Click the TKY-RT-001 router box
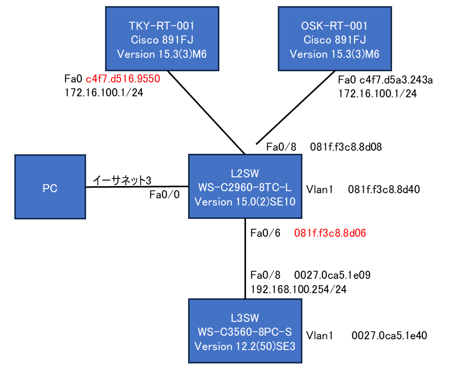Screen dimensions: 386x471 tap(162, 38)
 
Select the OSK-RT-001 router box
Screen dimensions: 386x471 tap(335, 38)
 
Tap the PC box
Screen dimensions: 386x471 tap(50, 187)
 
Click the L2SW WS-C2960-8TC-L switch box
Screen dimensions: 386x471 tap(244, 187)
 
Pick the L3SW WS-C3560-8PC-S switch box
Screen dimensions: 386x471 tap(244, 332)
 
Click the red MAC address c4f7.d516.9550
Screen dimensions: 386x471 tap(123, 79)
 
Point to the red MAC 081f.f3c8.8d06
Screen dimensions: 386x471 tap(330, 234)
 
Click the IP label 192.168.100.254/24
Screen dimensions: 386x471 tap(298, 289)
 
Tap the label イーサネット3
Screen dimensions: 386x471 tap(122, 180)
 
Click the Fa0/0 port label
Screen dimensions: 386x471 tap(164, 195)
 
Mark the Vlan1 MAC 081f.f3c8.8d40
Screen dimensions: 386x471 tap(384, 189)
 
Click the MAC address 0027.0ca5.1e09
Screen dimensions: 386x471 tap(333, 275)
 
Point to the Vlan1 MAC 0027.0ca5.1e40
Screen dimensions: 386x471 tap(389, 336)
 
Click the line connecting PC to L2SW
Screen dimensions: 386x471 tap(137, 187)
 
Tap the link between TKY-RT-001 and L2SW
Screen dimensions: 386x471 tap(205, 111)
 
